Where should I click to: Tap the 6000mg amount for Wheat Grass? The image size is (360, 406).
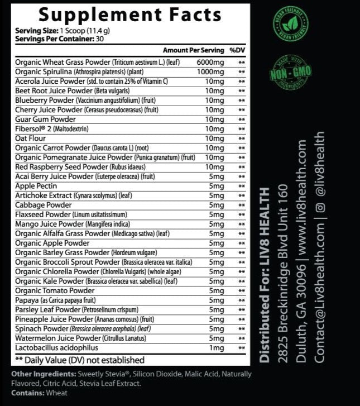coord(210,62)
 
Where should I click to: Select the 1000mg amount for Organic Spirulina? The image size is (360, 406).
coord(210,71)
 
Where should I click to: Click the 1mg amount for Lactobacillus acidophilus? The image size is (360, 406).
coord(215,348)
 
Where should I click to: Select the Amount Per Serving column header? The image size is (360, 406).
coord(193,50)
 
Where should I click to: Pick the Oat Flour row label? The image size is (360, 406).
coord(31,138)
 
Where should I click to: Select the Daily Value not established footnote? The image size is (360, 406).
coord(80,360)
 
